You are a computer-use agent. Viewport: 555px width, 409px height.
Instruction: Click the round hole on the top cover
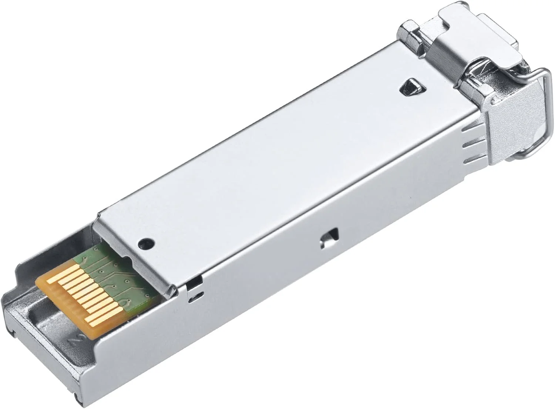(x=145, y=243)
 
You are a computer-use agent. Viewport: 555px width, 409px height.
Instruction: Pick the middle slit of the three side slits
(x=470, y=146)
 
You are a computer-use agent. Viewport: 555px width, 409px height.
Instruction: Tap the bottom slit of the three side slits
(x=471, y=160)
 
